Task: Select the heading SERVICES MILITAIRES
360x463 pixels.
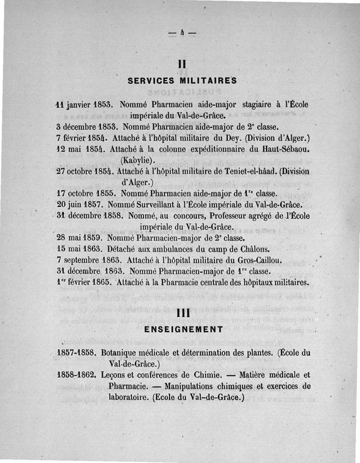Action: pyautogui.click(x=183, y=82)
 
